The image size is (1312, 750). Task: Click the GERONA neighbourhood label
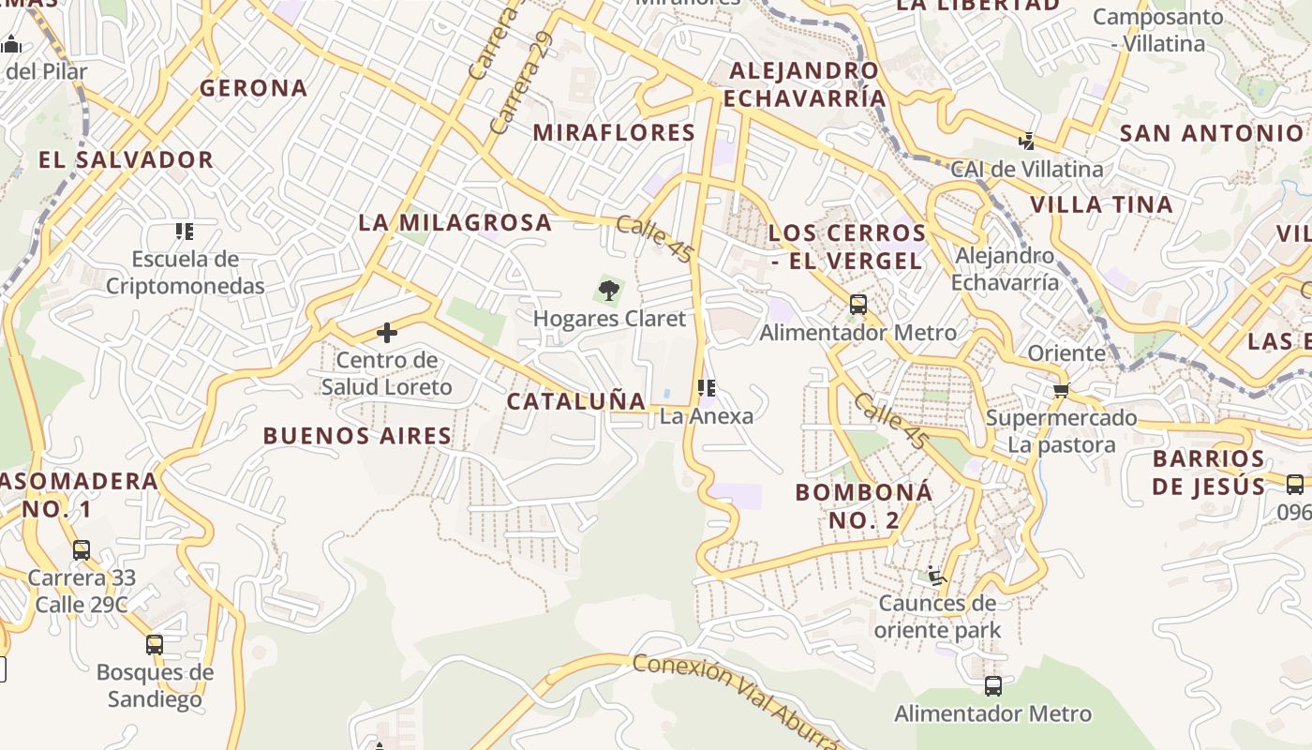coord(253,88)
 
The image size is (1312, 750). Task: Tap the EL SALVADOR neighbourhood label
coord(127,159)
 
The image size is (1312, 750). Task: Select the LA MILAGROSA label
coord(455,222)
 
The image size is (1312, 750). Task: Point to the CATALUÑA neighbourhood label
coord(576,401)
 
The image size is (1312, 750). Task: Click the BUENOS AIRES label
coord(357,436)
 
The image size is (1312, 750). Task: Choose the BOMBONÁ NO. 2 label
coord(863,505)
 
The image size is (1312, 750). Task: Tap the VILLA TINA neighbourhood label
coord(1101,204)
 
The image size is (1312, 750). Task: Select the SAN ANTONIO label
coord(1212,133)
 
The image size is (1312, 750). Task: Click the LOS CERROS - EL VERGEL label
coord(847,247)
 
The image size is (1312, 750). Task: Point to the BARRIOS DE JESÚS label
coord(1209,472)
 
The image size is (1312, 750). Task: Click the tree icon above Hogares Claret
coord(609,290)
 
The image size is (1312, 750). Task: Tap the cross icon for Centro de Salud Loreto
coord(386,332)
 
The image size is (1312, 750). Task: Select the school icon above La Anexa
coord(707,387)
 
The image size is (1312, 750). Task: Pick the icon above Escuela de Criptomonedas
coord(185,231)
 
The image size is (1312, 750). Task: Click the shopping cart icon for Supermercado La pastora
coord(1061,390)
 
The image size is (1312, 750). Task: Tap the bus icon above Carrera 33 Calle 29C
coord(82,550)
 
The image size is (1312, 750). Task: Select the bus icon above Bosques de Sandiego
coord(155,645)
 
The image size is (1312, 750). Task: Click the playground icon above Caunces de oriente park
coord(936,574)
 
